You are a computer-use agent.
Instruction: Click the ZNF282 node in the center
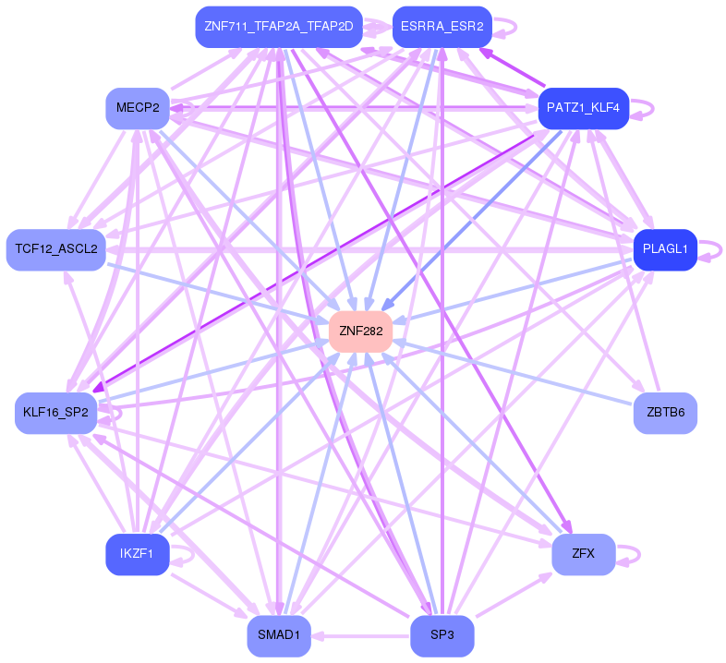(x=360, y=331)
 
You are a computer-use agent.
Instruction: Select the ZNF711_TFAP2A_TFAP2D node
(x=279, y=27)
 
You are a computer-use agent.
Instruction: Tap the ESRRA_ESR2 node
(x=442, y=27)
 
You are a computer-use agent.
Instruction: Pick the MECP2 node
(x=138, y=108)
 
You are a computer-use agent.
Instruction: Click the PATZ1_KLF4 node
(x=584, y=108)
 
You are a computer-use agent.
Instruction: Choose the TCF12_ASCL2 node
(x=56, y=249)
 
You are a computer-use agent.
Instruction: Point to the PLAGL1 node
(x=665, y=249)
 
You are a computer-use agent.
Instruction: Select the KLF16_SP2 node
(x=56, y=413)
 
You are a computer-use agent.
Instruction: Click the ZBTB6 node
(x=665, y=413)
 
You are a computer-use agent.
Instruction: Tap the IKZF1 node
(x=138, y=554)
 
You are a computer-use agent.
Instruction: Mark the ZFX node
(x=584, y=554)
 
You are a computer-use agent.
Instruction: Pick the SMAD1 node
(x=279, y=635)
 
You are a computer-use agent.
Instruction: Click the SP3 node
(x=442, y=635)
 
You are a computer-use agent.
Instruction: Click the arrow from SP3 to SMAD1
(x=360, y=635)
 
